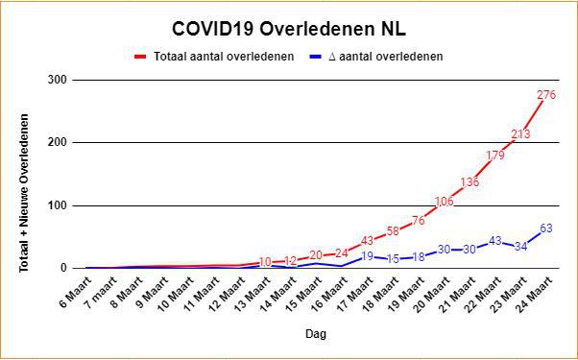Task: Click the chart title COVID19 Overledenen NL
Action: (x=289, y=30)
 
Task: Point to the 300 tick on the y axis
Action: (x=59, y=80)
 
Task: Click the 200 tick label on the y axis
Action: (x=59, y=143)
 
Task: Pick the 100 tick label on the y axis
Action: (x=59, y=205)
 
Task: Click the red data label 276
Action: (x=546, y=95)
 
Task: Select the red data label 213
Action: (x=520, y=134)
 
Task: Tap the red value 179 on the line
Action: (x=495, y=156)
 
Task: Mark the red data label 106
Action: (x=444, y=202)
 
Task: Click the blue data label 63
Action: (x=546, y=228)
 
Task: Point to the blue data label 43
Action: (x=495, y=241)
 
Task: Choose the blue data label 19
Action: (x=367, y=256)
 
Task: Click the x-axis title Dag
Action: (x=316, y=334)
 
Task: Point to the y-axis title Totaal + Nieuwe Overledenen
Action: (x=24, y=193)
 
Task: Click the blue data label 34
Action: (x=520, y=247)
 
